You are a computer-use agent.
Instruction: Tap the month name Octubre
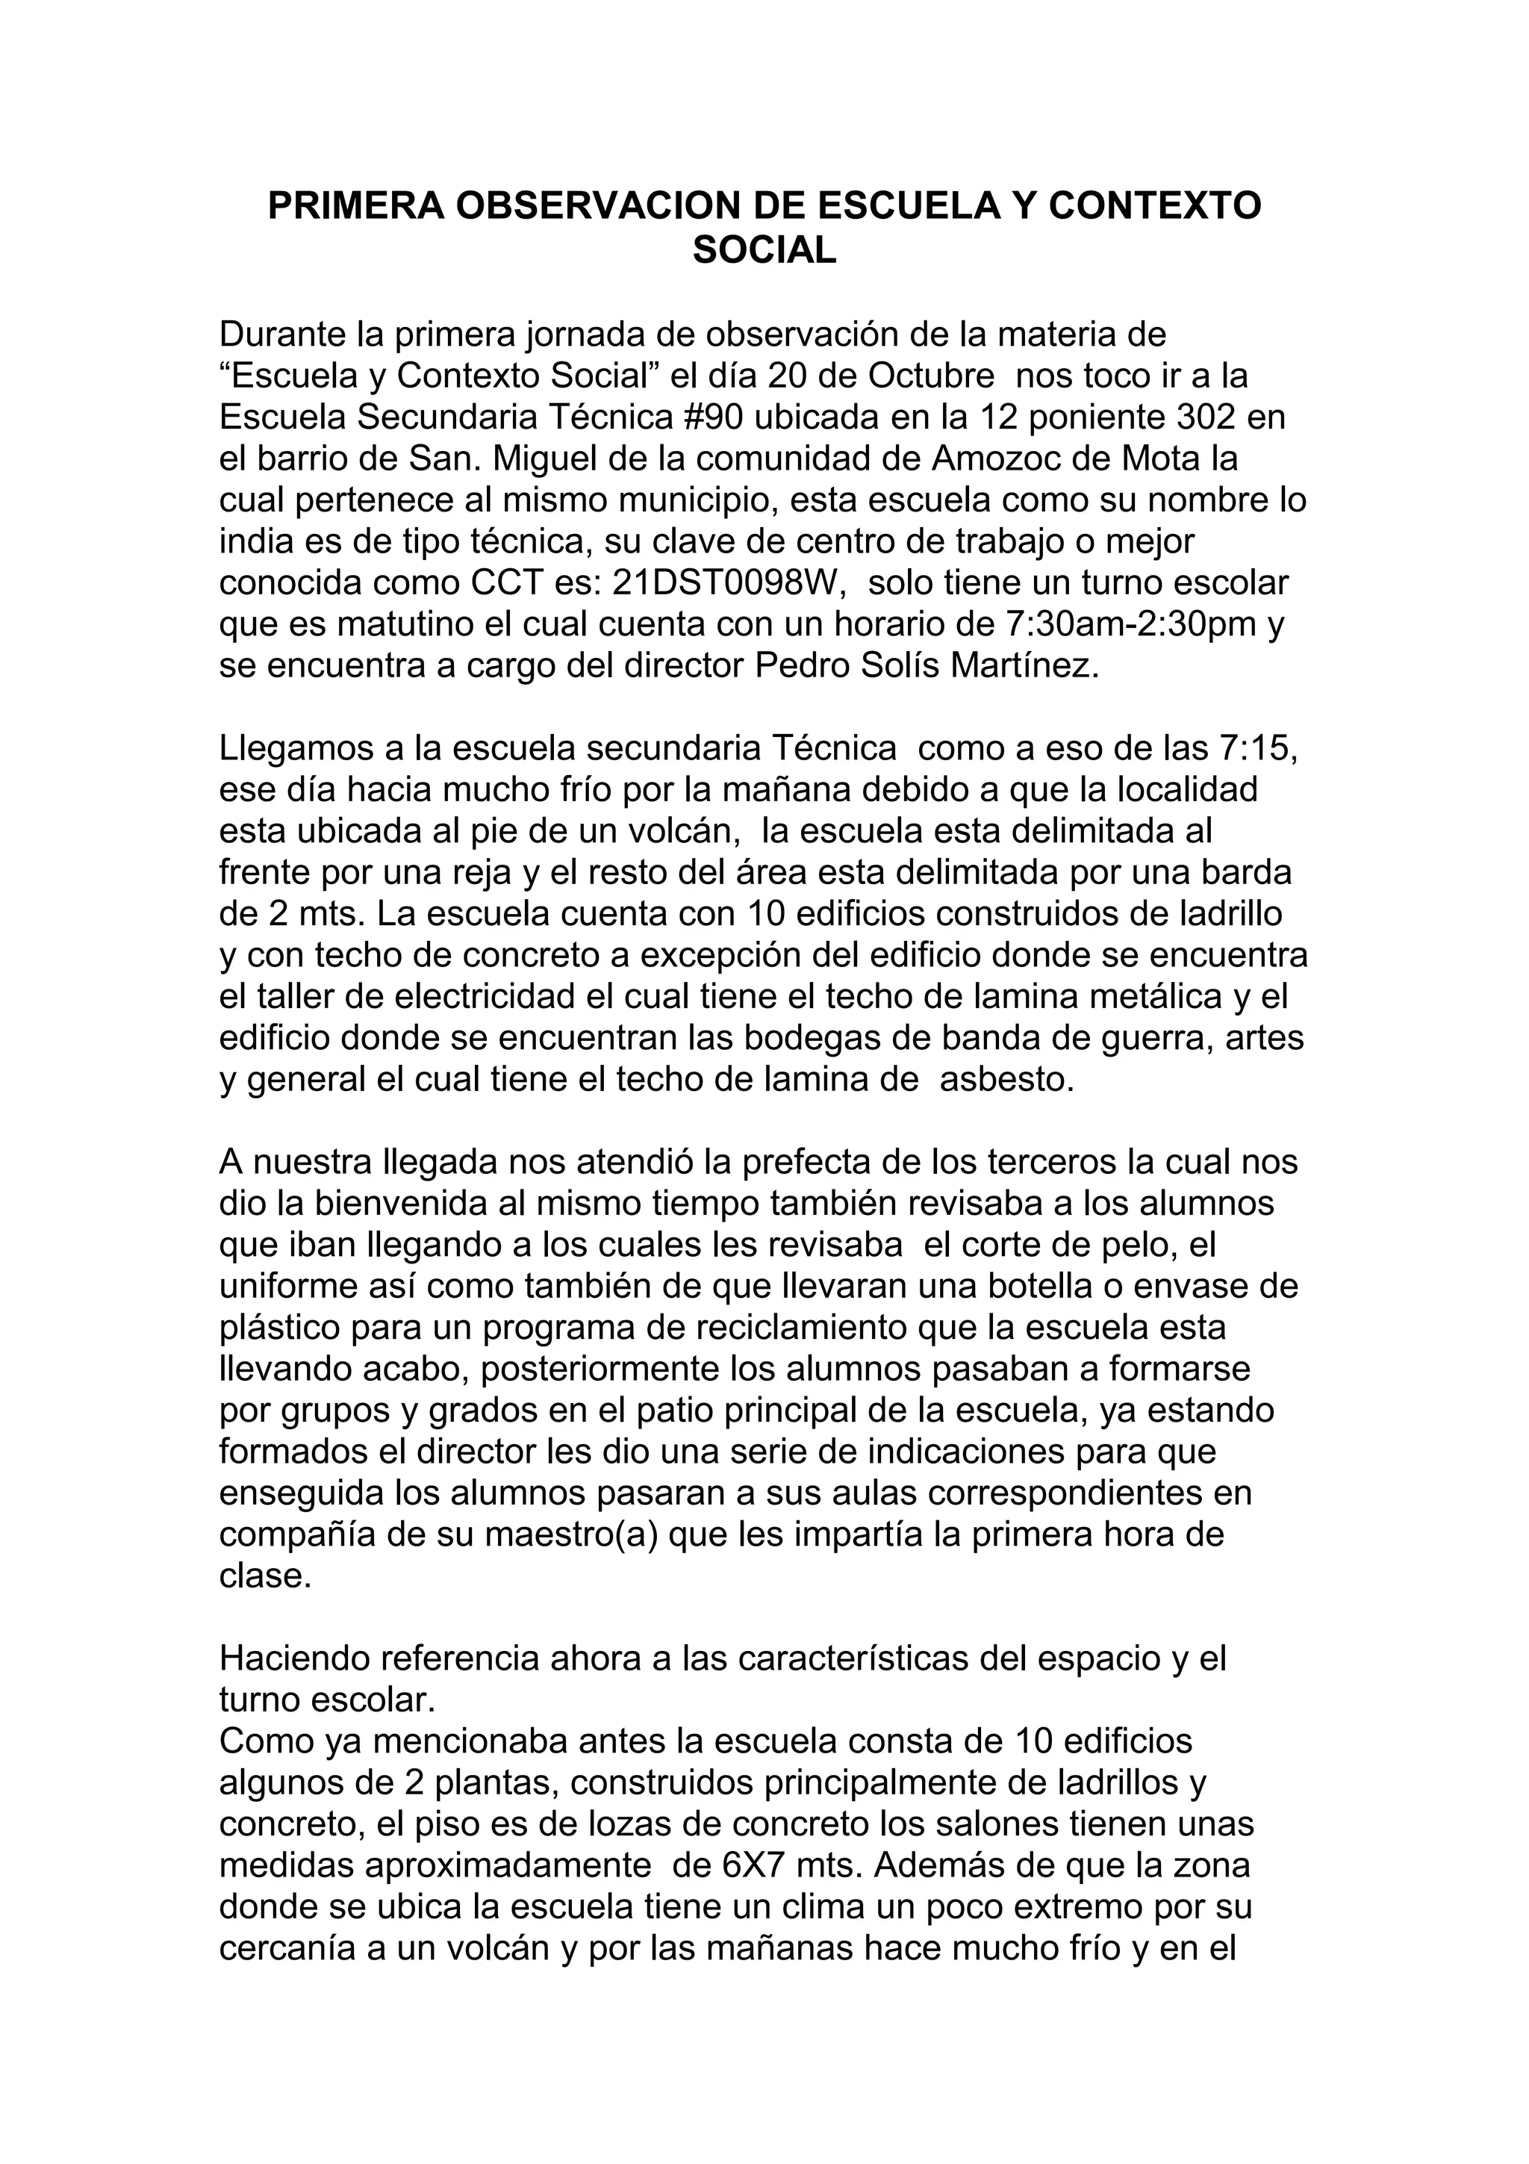931,376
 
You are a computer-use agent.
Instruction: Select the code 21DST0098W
724,583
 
